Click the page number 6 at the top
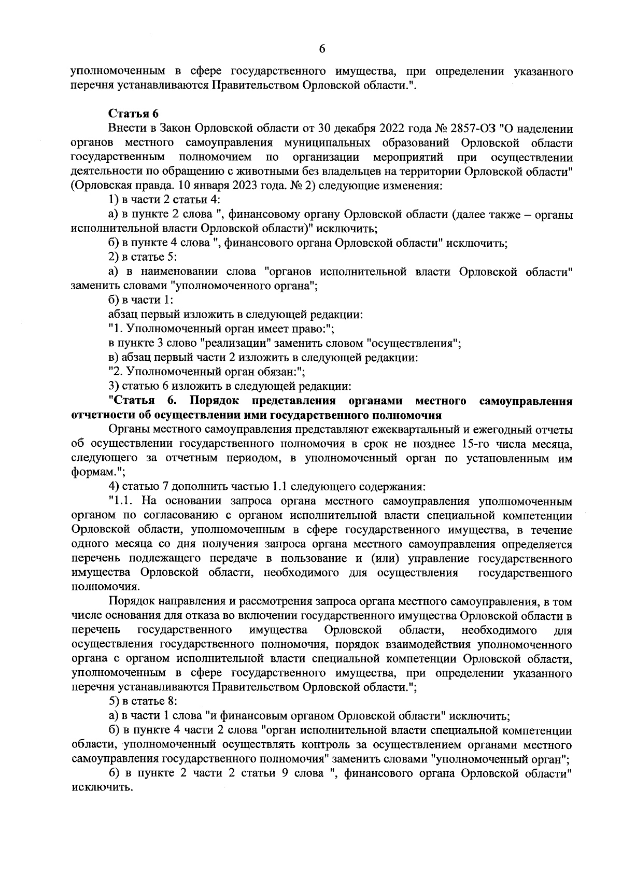(x=321, y=49)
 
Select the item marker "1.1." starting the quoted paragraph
(x=122, y=501)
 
